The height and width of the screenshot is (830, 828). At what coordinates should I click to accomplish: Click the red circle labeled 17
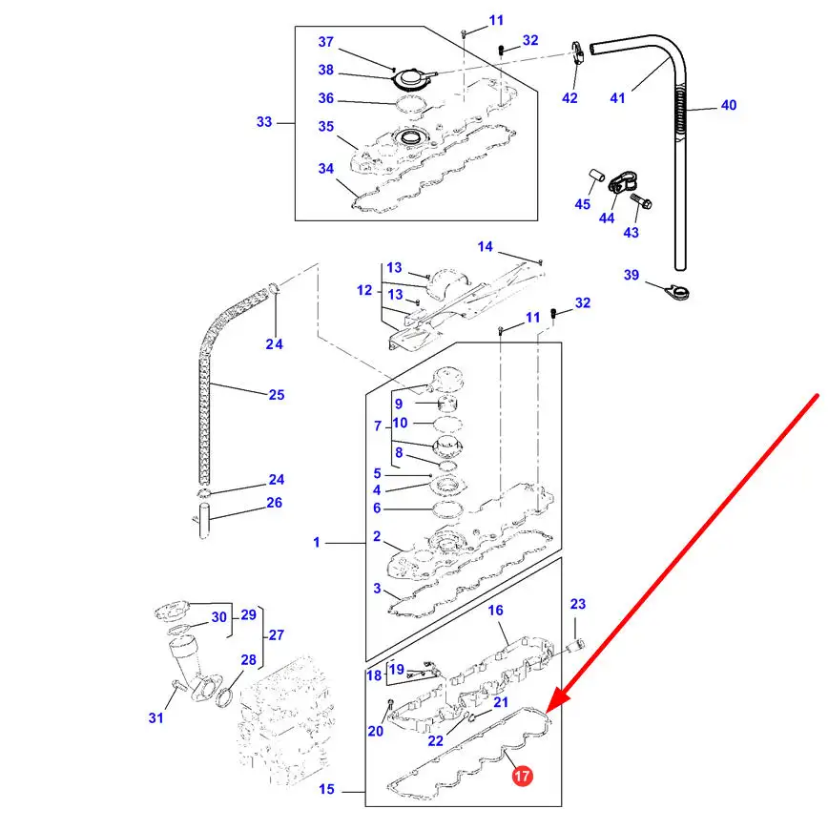click(522, 777)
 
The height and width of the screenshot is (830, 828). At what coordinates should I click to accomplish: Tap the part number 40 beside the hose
click(728, 106)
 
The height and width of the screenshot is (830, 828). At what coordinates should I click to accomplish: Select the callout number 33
click(264, 121)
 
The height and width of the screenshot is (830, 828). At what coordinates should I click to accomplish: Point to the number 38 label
click(326, 70)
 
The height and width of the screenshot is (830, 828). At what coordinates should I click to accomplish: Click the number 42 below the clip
click(569, 98)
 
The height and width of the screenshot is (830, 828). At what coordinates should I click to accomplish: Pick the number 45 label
click(583, 204)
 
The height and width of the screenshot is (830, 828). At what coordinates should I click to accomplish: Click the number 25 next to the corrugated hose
click(277, 394)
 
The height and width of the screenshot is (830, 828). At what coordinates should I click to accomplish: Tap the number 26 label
click(275, 503)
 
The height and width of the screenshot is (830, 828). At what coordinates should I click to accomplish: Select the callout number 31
click(156, 717)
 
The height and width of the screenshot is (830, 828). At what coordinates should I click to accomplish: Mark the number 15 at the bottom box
click(327, 791)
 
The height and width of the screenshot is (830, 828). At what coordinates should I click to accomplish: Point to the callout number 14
click(486, 247)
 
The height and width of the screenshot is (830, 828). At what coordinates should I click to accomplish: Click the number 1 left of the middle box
click(317, 543)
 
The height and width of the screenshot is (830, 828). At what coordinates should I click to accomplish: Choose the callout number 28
click(248, 660)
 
